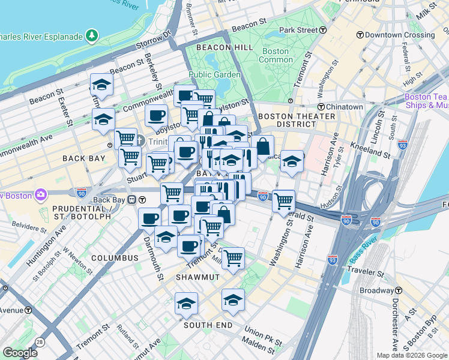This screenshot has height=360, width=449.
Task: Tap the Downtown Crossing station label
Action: click(x=400, y=35)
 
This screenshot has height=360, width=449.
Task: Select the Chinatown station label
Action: click(x=340, y=107)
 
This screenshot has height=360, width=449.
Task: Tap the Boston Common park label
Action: click(x=276, y=56)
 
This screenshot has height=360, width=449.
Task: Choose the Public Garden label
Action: click(x=214, y=75)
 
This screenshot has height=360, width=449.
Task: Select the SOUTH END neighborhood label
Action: click(x=208, y=325)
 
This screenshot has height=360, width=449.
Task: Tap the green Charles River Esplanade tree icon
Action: click(x=91, y=36)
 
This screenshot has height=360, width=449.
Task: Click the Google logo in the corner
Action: click(x=20, y=353)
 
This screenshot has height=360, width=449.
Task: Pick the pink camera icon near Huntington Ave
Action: click(x=41, y=194)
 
